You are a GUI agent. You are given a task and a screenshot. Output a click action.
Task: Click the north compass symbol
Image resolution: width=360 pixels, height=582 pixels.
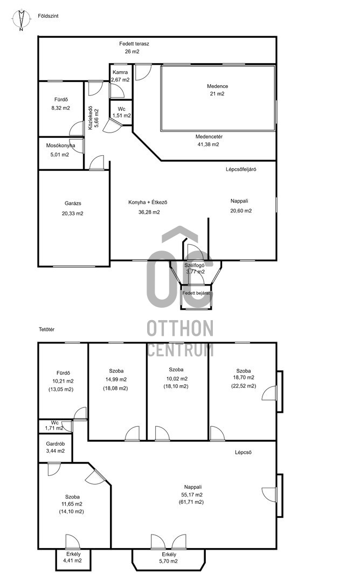coord(21,20)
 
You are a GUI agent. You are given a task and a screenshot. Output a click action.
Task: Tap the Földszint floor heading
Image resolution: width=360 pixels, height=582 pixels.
coord(49,16)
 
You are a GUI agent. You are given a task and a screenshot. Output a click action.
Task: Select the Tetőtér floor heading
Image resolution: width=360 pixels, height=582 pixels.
coord(47,329)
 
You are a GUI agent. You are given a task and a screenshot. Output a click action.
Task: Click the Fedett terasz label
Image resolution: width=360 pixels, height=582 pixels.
coord(134,44)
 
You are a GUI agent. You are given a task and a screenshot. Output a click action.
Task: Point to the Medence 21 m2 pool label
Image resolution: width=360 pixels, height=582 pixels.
coord(218,90)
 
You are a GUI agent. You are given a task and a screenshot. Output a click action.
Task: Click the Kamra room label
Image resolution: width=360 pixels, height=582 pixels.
coord(120,72)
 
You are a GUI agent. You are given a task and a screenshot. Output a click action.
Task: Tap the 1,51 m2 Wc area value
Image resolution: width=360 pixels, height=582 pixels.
coord(122,115)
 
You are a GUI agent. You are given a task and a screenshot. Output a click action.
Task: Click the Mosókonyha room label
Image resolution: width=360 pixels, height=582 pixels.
coord(60,145)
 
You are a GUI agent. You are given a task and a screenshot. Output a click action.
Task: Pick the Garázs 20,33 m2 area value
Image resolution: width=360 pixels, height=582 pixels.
coord(73,213)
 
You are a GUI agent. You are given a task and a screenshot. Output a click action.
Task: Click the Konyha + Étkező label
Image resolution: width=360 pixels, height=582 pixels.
coord(148,202)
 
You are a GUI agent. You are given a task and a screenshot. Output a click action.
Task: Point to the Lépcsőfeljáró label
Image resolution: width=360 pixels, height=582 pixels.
coord(241,169)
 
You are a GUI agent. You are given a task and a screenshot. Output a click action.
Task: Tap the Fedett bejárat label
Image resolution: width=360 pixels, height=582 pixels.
coord(196,293)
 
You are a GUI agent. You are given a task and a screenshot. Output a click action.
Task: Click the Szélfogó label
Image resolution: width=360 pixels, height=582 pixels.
coord(195,265)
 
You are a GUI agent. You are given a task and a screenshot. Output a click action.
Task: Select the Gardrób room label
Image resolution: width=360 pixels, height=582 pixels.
coord(56,444)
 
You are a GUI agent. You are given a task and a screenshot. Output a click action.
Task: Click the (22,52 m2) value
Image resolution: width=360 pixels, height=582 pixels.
coord(244,386)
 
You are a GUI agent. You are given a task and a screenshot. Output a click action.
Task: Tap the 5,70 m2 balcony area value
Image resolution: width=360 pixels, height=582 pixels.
coord(169,561)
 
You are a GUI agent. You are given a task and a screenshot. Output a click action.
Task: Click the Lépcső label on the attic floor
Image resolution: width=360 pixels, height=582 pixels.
coord(244,453)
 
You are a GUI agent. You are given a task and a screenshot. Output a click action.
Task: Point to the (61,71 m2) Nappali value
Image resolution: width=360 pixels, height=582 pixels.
coord(191,502)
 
